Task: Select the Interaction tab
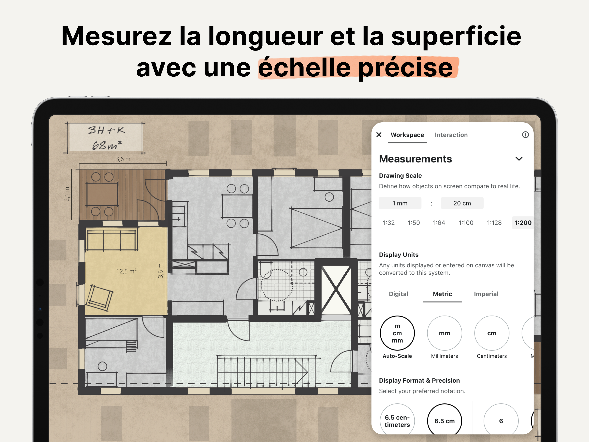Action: click(x=451, y=135)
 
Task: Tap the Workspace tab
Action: click(x=407, y=135)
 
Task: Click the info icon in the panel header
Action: click(x=525, y=135)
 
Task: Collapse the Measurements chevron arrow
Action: click(x=519, y=159)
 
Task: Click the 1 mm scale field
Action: click(x=400, y=203)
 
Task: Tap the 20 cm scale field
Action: click(x=462, y=203)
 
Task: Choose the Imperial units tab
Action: click(x=486, y=294)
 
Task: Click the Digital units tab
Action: click(x=398, y=294)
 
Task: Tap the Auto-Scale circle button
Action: click(x=397, y=333)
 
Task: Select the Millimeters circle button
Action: click(x=444, y=333)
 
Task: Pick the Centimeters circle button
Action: click(x=492, y=333)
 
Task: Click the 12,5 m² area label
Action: click(x=127, y=271)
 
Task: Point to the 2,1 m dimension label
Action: click(x=67, y=194)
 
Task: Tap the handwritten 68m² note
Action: click(x=107, y=145)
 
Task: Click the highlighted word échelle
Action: click(x=304, y=68)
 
